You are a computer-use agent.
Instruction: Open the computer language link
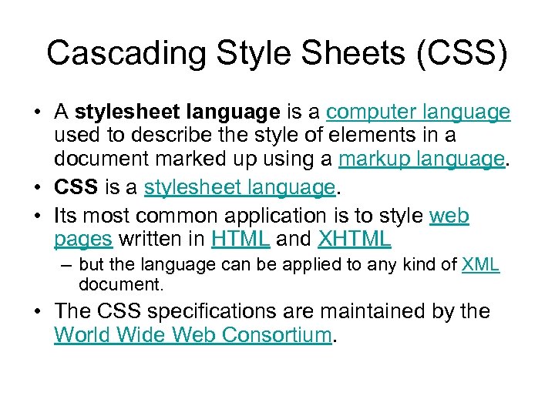click(x=418, y=112)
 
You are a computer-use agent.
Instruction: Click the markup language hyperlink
click(x=421, y=159)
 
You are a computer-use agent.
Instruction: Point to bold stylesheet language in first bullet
click(x=177, y=112)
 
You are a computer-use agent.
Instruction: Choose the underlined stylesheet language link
click(x=240, y=187)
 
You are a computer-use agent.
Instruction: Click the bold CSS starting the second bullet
click(x=75, y=187)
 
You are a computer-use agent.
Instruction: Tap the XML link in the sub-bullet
click(x=480, y=266)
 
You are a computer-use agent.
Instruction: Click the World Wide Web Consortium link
click(x=193, y=336)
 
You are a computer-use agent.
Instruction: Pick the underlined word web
click(x=449, y=216)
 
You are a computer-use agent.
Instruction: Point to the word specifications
click(x=218, y=312)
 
